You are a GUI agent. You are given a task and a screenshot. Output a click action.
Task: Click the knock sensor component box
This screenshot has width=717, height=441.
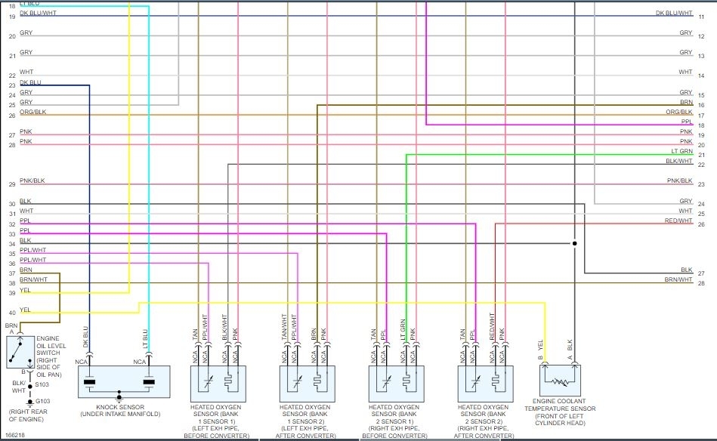coord(124,381)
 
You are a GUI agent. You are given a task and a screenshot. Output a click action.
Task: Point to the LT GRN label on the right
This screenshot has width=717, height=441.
coord(681,152)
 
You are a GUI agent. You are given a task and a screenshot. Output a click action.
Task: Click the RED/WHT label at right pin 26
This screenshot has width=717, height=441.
coord(678,220)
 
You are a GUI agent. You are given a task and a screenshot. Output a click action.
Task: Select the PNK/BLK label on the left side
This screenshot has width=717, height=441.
coord(32,181)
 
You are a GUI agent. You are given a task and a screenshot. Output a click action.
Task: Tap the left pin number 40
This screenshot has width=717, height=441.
coord(11,313)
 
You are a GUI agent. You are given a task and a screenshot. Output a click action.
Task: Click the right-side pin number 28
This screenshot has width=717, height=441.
coord(701,283)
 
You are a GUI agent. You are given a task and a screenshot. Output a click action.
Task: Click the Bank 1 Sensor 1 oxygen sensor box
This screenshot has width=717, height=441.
coord(218,384)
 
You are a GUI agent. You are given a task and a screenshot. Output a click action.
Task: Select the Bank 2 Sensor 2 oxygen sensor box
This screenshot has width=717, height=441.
coord(485,384)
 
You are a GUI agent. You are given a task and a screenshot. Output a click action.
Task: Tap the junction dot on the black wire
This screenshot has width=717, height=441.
coord(574,244)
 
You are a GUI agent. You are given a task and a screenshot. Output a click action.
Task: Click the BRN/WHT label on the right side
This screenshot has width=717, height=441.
coord(678,279)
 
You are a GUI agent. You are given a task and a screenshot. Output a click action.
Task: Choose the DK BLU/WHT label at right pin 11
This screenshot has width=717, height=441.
coord(674,13)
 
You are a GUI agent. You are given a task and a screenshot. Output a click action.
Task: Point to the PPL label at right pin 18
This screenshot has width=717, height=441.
coord(686,122)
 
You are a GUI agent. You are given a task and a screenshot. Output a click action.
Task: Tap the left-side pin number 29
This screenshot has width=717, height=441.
coord(11,184)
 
